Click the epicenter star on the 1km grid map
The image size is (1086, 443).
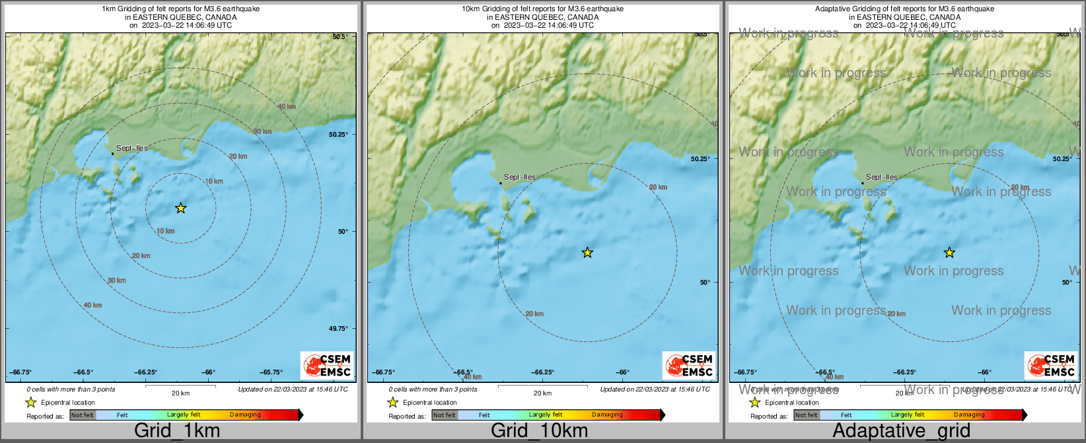(x=180, y=208)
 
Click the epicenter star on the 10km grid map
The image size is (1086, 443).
(x=587, y=252)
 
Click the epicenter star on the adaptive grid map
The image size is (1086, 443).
(x=949, y=252)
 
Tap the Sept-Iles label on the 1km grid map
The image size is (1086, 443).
(x=131, y=148)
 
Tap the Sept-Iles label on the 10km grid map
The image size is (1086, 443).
(x=520, y=177)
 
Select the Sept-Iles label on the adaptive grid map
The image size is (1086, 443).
(x=882, y=177)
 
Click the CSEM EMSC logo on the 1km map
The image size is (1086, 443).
(x=327, y=365)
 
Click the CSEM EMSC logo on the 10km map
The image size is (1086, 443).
(x=689, y=365)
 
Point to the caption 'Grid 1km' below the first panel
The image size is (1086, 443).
(x=177, y=431)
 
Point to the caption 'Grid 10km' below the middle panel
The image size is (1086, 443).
(x=539, y=431)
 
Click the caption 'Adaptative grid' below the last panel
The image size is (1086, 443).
(x=901, y=431)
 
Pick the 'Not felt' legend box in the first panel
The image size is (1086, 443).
(x=83, y=415)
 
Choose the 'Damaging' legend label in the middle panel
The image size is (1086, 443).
(x=607, y=415)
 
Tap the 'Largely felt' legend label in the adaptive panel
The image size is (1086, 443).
(x=907, y=415)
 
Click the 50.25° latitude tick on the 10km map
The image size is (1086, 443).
(x=700, y=158)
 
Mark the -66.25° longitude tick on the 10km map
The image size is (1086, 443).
(x=543, y=372)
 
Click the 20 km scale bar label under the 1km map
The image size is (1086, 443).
(x=180, y=393)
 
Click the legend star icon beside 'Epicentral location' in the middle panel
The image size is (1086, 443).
(x=392, y=402)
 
